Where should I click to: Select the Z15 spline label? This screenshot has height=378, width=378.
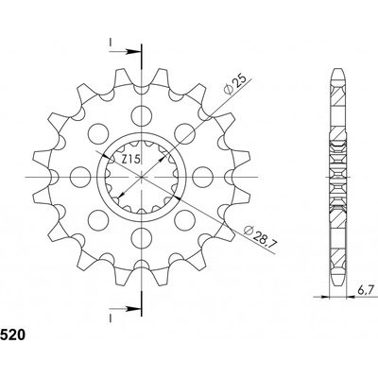tap(132, 163)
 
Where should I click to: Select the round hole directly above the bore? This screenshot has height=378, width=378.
tap(143, 117)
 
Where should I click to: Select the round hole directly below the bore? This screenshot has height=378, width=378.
tap(143, 233)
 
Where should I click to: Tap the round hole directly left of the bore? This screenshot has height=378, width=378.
tap(84, 176)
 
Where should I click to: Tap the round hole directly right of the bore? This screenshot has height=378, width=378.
tap(200, 176)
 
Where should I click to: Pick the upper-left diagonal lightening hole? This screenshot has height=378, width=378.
tap(101, 134)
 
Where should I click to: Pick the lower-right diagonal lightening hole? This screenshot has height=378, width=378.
tap(183, 217)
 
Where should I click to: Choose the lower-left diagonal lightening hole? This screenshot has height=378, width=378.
tap(101, 217)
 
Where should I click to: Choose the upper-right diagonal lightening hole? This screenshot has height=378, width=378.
tap(183, 134)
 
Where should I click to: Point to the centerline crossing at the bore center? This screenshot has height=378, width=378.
tap(143, 176)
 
